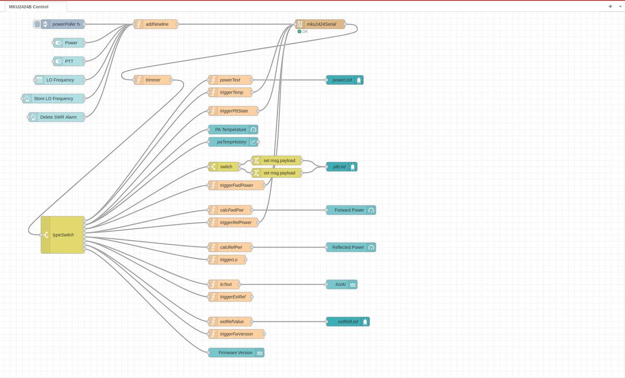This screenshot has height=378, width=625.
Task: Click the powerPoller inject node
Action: point(65,24)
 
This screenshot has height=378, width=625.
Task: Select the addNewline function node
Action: point(156,24)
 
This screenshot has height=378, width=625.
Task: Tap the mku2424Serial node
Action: point(321,24)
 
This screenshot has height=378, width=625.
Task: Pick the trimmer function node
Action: point(153,80)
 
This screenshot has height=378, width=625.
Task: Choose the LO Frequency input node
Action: point(60,80)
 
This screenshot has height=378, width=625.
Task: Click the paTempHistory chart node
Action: point(232,142)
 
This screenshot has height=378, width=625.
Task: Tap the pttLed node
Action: point(340,167)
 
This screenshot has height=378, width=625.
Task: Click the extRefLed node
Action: point(347,322)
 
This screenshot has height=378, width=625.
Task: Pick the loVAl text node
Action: point(341,284)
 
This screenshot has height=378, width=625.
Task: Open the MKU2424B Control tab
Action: point(29,7)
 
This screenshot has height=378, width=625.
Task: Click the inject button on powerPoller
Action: point(36,24)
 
